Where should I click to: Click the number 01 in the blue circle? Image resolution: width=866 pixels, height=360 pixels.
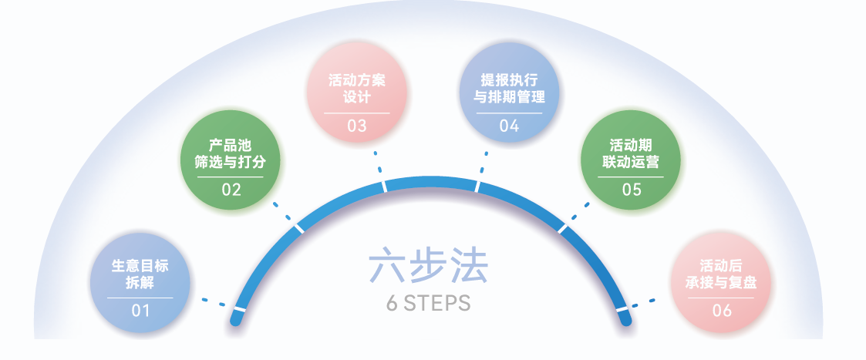pyautogui.click(x=140, y=311)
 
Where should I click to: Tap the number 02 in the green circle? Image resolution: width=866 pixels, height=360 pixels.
pyautogui.click(x=231, y=190)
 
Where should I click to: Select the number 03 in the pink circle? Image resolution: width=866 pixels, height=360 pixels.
pyautogui.click(x=357, y=126)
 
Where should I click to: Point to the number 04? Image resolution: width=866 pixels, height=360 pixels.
pyautogui.click(x=509, y=126)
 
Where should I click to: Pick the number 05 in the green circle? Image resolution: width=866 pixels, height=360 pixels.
pyautogui.click(x=632, y=190)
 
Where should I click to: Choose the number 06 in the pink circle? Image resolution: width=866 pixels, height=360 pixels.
pyautogui.click(x=722, y=311)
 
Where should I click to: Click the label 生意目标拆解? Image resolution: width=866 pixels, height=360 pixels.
pyautogui.click(x=140, y=274)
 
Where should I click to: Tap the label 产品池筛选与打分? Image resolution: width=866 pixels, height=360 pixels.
pyautogui.click(x=231, y=154)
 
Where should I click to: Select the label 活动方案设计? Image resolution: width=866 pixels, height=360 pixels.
pyautogui.click(x=357, y=89)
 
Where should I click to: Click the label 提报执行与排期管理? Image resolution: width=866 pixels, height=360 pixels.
pyautogui.click(x=509, y=89)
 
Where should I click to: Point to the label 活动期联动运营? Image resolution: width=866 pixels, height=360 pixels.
pyautogui.click(x=632, y=154)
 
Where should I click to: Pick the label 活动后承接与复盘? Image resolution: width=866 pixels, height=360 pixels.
pyautogui.click(x=721, y=274)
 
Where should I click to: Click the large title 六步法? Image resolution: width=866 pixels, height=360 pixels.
pyautogui.click(x=428, y=267)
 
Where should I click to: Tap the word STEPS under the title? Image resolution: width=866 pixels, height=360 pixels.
pyautogui.click(x=437, y=303)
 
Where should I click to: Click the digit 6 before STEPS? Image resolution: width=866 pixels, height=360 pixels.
pyautogui.click(x=393, y=303)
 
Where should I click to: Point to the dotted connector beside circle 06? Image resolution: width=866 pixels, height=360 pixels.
pyautogui.click(x=643, y=303)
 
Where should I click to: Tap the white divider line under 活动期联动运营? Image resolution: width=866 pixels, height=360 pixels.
pyautogui.click(x=631, y=177)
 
